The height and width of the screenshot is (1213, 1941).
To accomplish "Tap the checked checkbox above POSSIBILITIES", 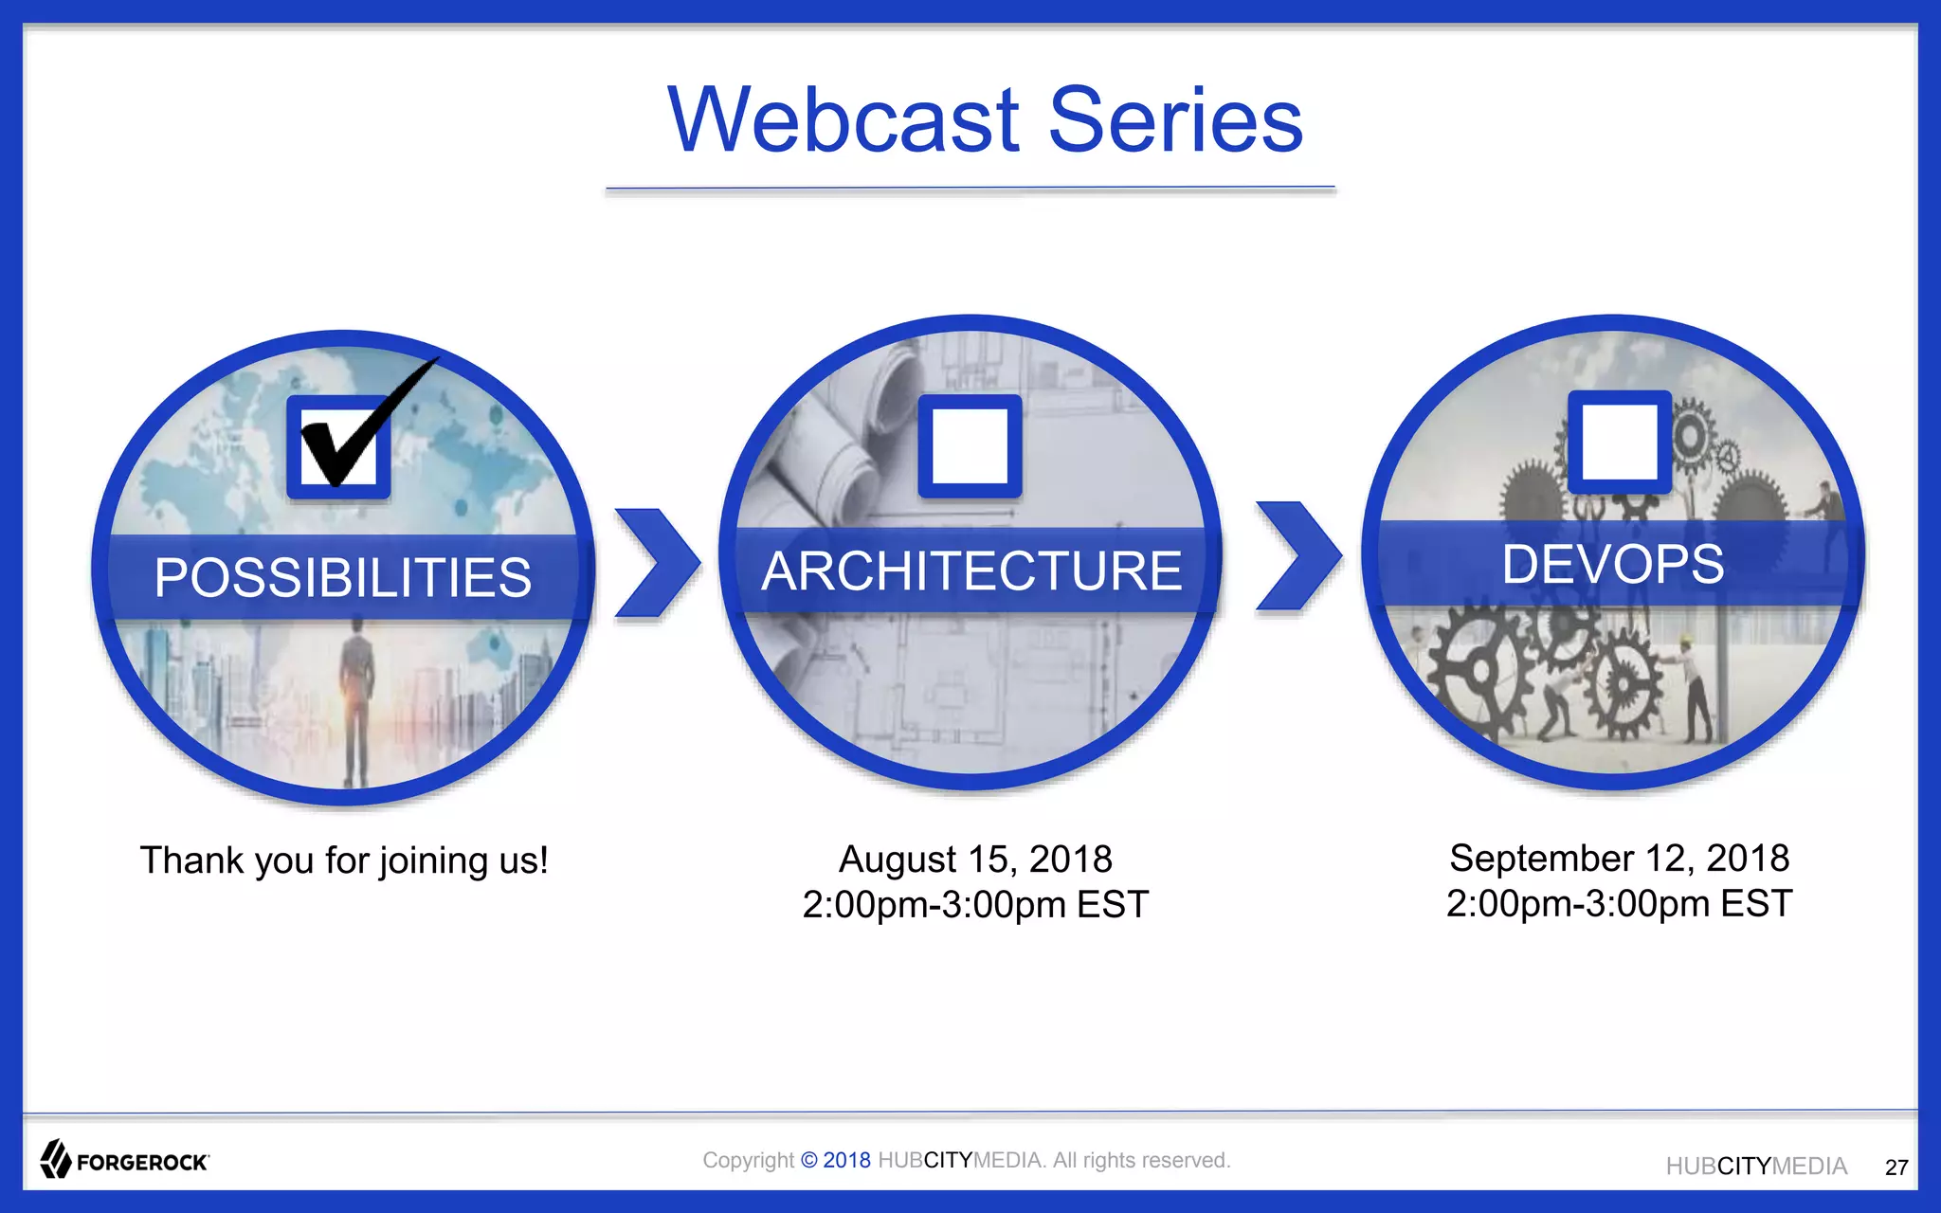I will (x=339, y=446).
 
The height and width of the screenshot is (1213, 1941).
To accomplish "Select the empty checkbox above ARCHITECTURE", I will (x=970, y=446).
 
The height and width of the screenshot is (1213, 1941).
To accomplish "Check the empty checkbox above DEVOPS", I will (x=1619, y=442).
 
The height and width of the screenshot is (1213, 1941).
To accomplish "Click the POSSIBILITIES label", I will (x=343, y=577).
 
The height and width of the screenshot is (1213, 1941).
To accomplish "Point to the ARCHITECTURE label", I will (x=971, y=570).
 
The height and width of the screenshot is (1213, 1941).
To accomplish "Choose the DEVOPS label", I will (x=1613, y=564).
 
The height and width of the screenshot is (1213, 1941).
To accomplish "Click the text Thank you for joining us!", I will (x=344, y=860).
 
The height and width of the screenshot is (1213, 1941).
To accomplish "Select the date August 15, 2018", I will (x=975, y=860).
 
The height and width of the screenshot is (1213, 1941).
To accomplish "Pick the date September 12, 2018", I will (x=1619, y=859).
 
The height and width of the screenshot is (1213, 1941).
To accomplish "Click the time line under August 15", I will (x=975, y=905).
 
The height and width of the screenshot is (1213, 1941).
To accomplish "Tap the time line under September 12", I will (x=1619, y=904).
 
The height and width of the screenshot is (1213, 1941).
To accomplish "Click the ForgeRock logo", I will (x=124, y=1160).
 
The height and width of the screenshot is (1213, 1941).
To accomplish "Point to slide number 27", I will (x=1896, y=1168).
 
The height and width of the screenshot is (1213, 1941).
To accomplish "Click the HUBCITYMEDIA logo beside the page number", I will (x=1756, y=1167).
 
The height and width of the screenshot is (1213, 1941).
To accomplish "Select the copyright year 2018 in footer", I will (x=846, y=1160).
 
